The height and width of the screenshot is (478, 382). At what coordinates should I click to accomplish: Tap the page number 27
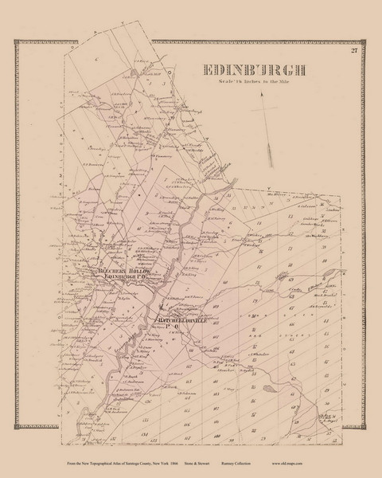pos(353,53)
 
